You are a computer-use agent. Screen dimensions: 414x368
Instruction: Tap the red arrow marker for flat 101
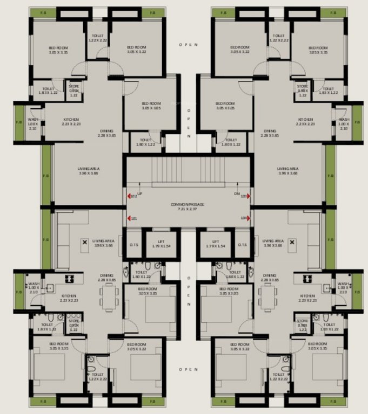(x=129, y=218)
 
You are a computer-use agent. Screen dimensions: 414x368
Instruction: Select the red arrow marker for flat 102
(x=129, y=197)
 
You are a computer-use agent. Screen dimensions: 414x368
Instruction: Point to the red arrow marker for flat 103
(x=249, y=197)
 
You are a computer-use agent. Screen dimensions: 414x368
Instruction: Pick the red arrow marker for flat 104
(x=249, y=218)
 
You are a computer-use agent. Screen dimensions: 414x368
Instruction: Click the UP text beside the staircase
(x=140, y=193)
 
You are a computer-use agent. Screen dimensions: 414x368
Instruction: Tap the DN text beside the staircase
(x=237, y=193)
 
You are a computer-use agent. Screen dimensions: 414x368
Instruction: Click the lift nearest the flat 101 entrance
(x=160, y=244)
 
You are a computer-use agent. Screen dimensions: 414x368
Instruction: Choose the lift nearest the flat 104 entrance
(x=216, y=244)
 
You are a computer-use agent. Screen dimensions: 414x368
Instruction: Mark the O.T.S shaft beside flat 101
(x=133, y=244)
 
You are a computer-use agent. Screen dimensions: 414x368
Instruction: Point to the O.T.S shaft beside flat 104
(x=243, y=244)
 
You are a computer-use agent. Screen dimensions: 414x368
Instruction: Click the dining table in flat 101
(x=109, y=297)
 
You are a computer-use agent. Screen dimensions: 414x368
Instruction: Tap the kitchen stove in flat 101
(x=70, y=279)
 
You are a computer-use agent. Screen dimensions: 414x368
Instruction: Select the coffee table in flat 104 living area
(x=292, y=243)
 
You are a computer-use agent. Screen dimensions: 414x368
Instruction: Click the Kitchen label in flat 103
(x=306, y=122)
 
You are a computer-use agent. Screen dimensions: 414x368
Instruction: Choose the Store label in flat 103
(x=303, y=91)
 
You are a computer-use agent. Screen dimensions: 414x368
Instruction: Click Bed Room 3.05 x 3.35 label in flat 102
(x=57, y=50)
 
